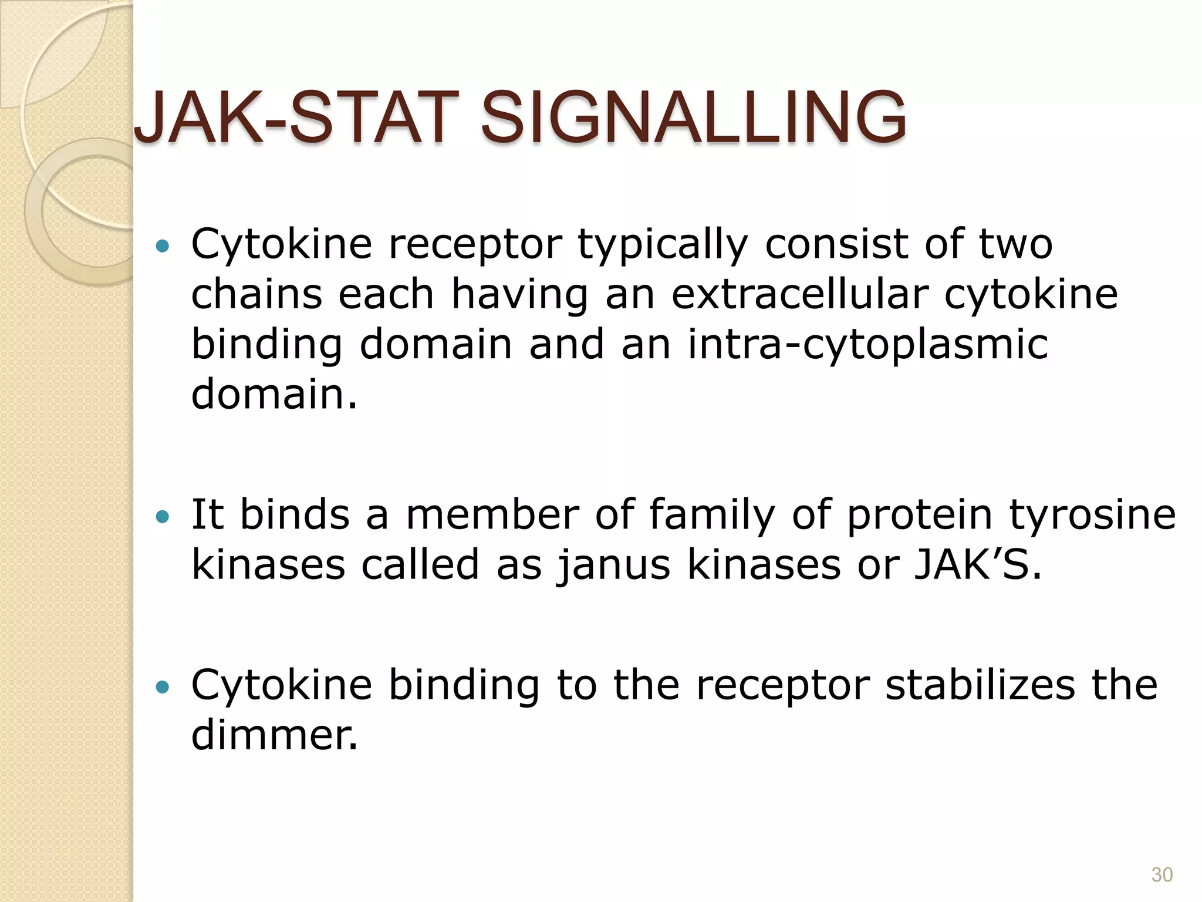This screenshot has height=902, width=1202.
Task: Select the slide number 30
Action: coord(1162,874)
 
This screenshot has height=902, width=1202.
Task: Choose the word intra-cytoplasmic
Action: coord(867,345)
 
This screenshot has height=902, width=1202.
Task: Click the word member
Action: coord(492,514)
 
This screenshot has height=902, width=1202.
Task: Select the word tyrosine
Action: coord(1092,516)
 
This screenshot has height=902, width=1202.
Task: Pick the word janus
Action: coord(613,565)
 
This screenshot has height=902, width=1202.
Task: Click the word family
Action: coord(712,516)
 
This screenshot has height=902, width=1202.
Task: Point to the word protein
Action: coord(919,516)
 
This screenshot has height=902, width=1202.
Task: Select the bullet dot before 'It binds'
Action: coord(163,517)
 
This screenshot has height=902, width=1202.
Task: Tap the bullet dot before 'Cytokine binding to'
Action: coord(163,686)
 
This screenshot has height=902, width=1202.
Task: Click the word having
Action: coord(519,295)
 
